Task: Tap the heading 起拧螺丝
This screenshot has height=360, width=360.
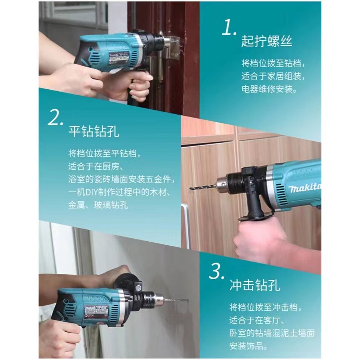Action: click(267, 41)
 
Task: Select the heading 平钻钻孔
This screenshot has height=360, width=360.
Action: click(94, 132)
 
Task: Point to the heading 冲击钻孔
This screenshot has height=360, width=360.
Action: click(255, 285)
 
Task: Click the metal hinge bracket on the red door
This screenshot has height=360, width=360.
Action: click(174, 48)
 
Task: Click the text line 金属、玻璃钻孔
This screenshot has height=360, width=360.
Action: click(98, 205)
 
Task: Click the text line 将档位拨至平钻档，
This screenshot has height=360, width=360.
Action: click(104, 153)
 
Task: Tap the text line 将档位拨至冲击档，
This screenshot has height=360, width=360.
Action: click(265, 307)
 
